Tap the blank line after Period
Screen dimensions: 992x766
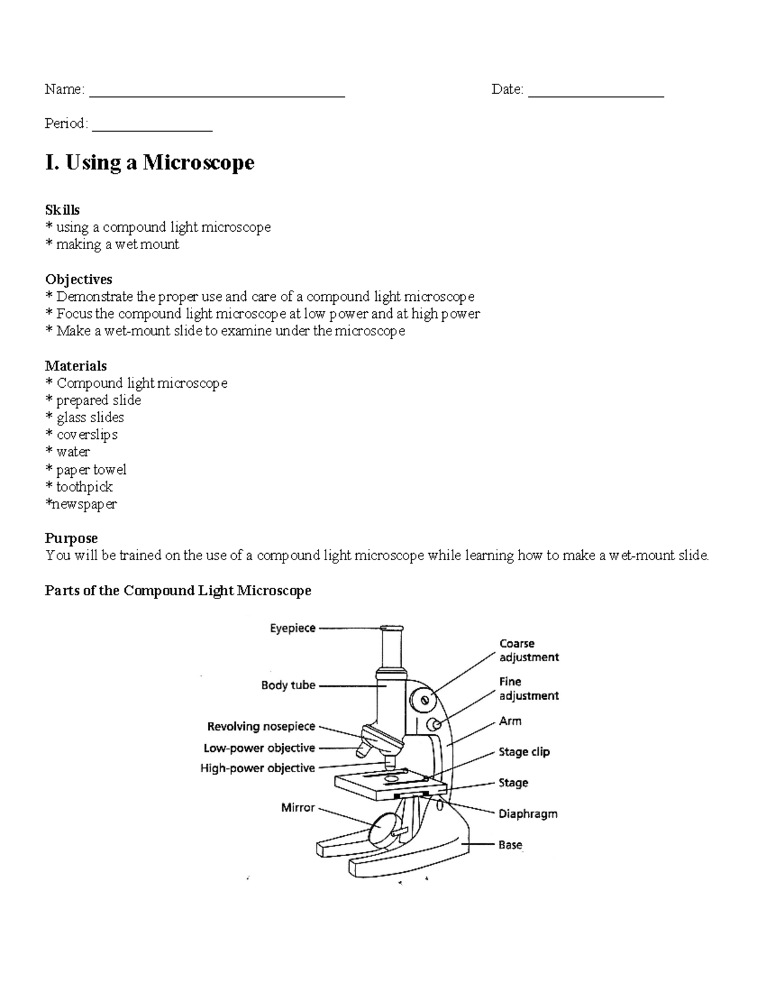152,128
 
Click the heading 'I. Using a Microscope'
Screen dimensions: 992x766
149,162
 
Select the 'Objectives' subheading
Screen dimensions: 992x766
79,279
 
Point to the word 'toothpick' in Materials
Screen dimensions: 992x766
84,487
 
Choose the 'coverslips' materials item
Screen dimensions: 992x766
87,434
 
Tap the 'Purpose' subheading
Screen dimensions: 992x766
71,538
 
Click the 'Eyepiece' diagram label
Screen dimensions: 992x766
292,628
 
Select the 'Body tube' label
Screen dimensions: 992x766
288,685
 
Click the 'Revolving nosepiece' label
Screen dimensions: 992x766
261,726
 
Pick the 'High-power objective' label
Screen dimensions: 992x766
257,768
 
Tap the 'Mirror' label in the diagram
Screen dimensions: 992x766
297,807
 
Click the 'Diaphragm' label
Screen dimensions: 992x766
528,814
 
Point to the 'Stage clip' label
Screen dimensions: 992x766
524,752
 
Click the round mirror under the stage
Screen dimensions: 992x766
383,828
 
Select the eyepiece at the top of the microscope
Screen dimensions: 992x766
391,629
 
